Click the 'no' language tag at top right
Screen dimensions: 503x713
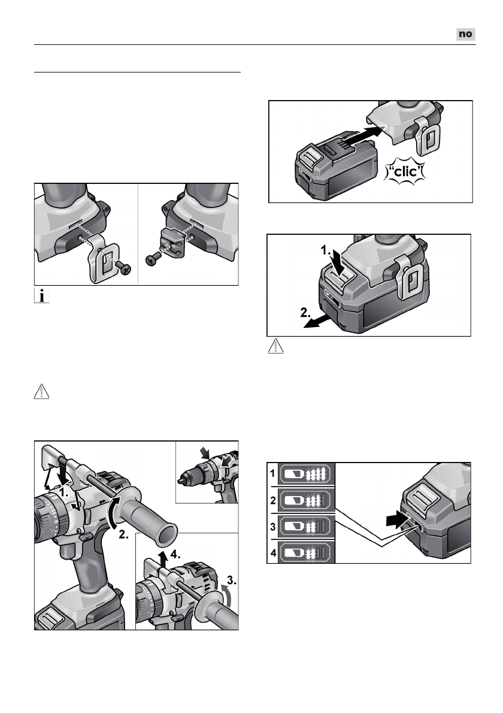(465, 34)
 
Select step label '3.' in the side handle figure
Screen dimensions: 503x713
(229, 580)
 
